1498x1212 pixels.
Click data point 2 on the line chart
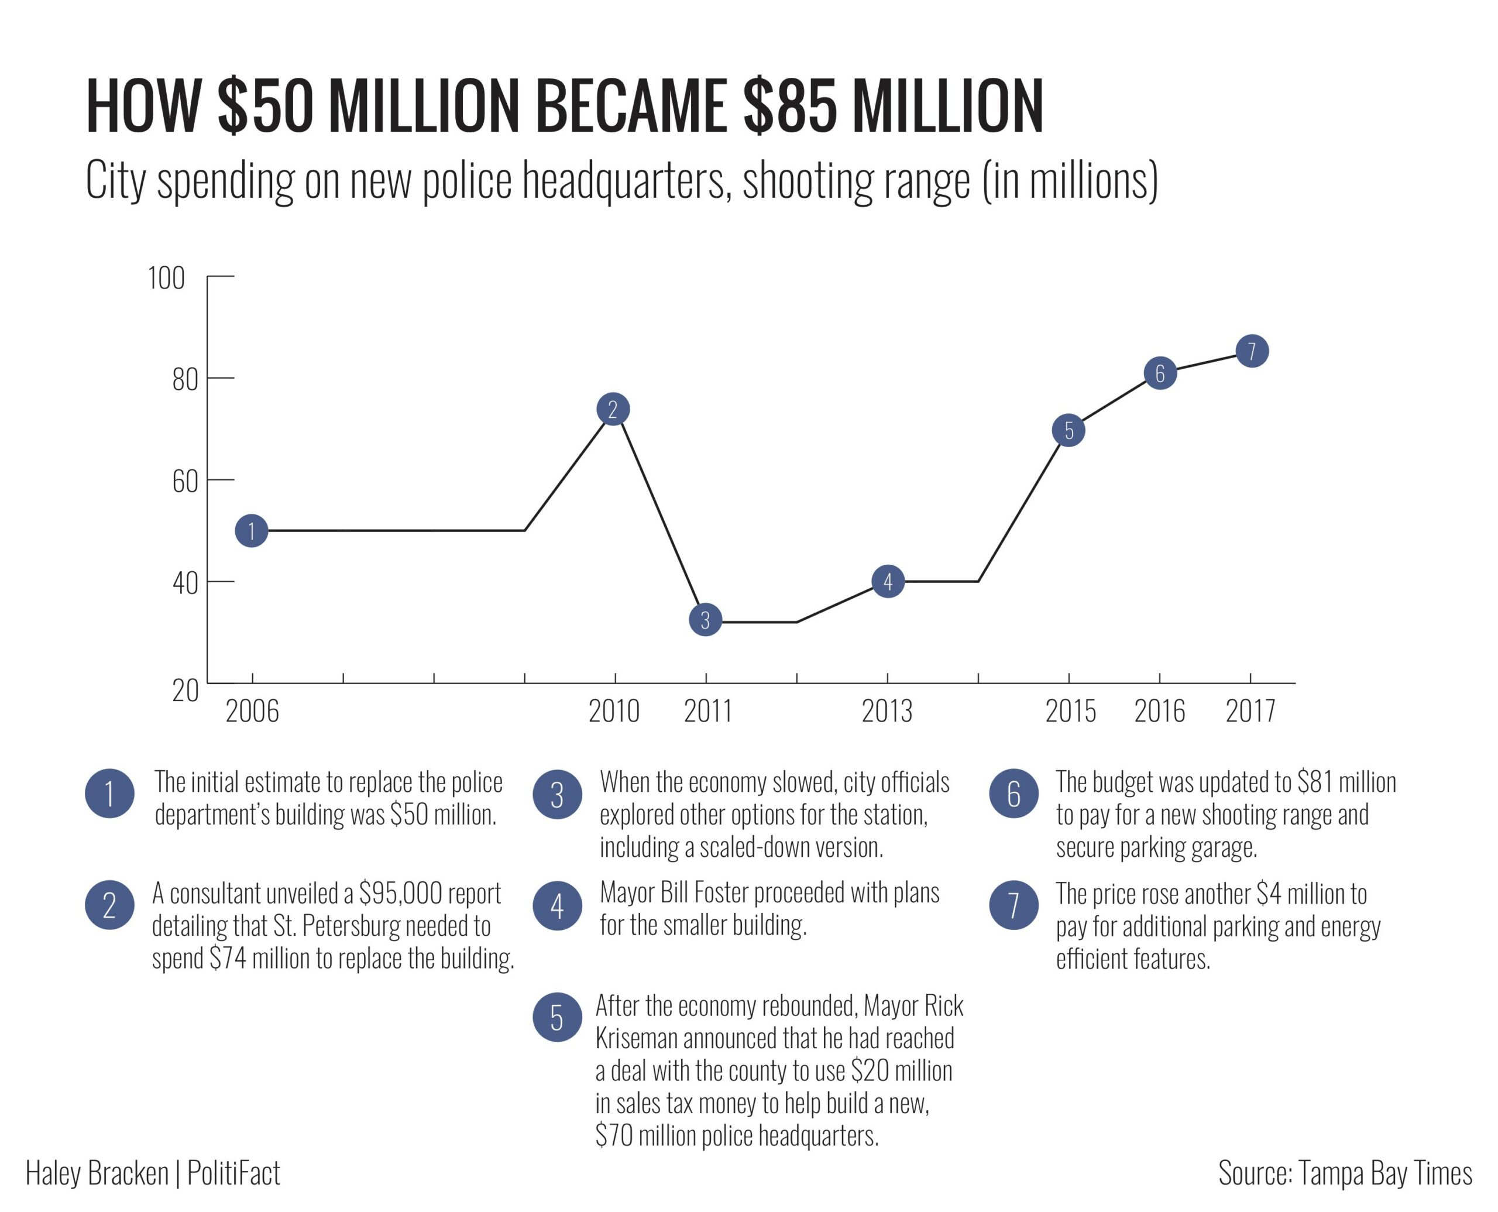pyautogui.click(x=613, y=409)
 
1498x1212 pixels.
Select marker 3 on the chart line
pyautogui.click(x=705, y=620)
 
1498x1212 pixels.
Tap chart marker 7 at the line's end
pyautogui.click(x=1252, y=351)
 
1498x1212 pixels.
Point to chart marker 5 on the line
pyautogui.click(x=1068, y=430)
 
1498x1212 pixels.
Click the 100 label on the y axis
pyautogui.click(x=166, y=279)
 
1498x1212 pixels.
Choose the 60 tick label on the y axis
pyautogui.click(x=185, y=482)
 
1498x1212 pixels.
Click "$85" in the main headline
pyautogui.click(x=790, y=107)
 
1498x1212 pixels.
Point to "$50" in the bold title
pyautogui.click(x=265, y=107)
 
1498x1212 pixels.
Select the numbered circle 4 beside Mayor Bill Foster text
pyautogui.click(x=557, y=905)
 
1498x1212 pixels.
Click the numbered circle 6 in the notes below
pyautogui.click(x=1013, y=794)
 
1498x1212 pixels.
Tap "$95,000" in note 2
pyautogui.click(x=401, y=893)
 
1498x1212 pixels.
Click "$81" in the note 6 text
pyautogui.click(x=1314, y=782)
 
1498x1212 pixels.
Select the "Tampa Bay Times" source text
pyautogui.click(x=1385, y=1173)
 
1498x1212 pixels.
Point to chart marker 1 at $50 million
pyautogui.click(x=251, y=531)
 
